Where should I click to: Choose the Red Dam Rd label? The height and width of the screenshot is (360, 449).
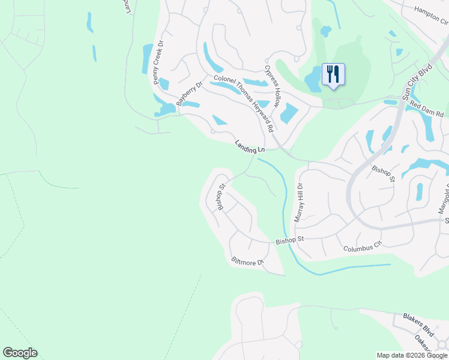[427, 109]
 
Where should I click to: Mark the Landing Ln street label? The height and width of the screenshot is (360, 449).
[250, 146]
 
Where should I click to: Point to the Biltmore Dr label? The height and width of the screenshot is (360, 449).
[248, 262]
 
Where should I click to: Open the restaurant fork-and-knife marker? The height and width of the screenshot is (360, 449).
[333, 74]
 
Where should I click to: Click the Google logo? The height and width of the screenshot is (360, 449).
[20, 353]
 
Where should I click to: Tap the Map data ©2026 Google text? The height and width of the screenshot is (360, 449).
[412, 355]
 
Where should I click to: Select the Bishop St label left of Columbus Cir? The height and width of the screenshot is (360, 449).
[291, 240]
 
